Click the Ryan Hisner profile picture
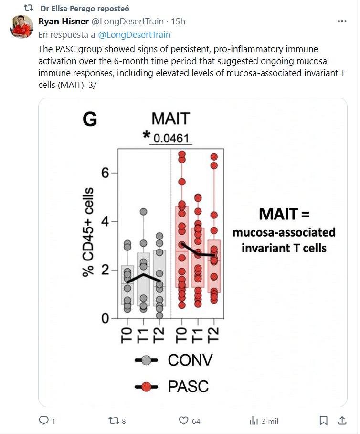point(22,26)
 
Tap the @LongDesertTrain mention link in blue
point(134,35)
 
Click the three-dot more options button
point(342,22)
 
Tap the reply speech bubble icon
point(44,421)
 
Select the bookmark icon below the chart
point(323,421)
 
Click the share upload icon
point(342,421)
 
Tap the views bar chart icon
point(254,421)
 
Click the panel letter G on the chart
point(90,119)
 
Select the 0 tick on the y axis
point(106,318)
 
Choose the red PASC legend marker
point(147,386)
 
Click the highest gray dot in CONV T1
point(143,212)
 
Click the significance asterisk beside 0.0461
point(146,136)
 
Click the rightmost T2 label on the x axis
point(213,337)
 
